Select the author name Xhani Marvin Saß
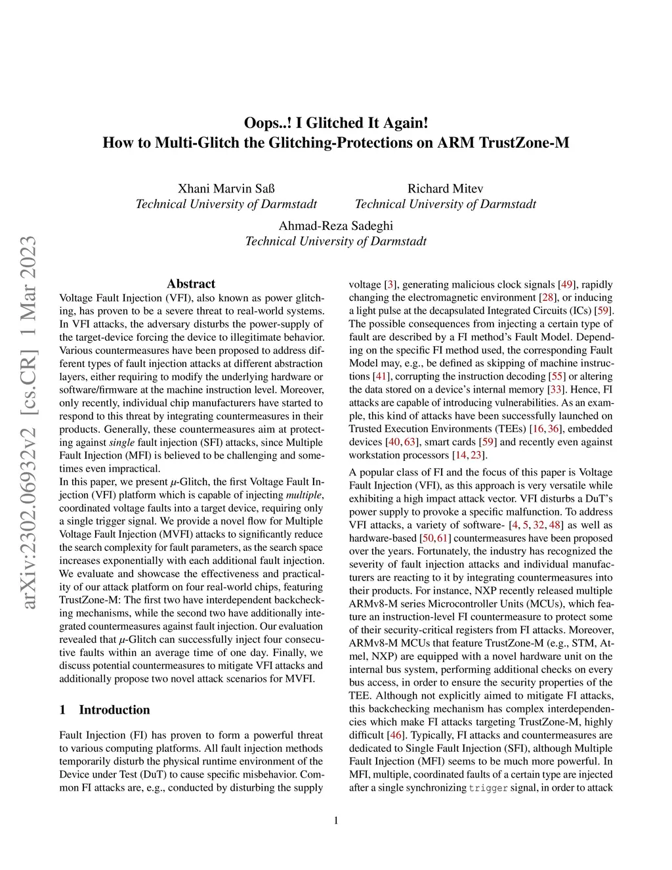click(226, 188)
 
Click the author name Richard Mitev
click(445, 188)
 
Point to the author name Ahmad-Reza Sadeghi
click(335, 226)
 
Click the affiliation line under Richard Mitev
click(445, 204)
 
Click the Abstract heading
click(191, 284)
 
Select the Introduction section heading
click(114, 710)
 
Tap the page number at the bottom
click(336, 820)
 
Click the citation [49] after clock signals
click(566, 284)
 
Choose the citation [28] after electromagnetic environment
click(547, 297)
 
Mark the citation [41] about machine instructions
click(381, 376)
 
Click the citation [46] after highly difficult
click(396, 735)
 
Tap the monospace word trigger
click(488, 788)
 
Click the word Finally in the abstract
click(289, 653)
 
